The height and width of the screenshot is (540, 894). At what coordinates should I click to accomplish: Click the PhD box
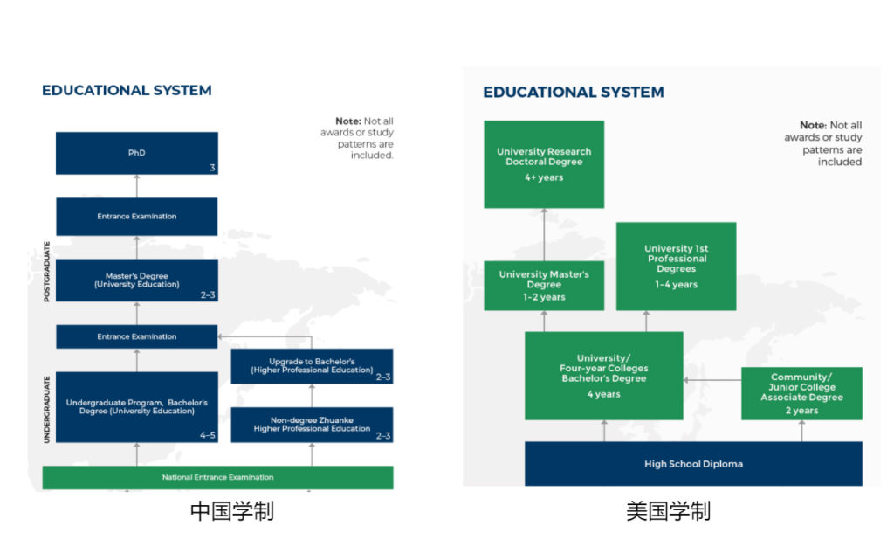(137, 153)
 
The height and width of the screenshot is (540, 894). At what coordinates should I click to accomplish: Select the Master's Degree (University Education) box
(137, 280)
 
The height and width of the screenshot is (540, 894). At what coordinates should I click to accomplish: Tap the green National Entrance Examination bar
(217, 477)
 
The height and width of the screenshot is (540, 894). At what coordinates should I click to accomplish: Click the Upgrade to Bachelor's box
(312, 366)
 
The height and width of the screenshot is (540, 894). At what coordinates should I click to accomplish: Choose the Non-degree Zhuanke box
(312, 425)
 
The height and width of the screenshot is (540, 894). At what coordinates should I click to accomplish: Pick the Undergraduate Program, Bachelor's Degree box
(137, 407)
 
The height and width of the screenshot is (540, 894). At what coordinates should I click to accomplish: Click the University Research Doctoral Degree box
(544, 164)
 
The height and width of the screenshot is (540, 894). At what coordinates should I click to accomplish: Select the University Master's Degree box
(544, 286)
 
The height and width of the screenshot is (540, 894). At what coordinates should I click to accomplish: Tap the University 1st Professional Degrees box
(677, 266)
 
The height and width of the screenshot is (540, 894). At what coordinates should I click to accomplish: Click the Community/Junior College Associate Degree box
(801, 393)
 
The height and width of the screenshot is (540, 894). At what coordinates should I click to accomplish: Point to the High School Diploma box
(693, 463)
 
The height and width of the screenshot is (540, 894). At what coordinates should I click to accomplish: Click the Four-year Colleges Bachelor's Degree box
(604, 376)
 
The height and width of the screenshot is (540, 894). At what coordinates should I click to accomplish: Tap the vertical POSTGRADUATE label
(47, 271)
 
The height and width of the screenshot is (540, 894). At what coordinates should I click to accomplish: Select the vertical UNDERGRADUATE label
(47, 409)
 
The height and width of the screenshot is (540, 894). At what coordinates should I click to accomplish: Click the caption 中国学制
(232, 511)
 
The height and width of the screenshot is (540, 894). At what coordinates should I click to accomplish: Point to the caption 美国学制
(668, 511)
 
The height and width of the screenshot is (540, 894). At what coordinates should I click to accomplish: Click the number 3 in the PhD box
(212, 168)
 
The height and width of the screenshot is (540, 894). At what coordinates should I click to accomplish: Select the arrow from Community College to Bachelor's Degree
(712, 379)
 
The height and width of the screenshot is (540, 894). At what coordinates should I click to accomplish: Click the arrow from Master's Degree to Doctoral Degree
(544, 234)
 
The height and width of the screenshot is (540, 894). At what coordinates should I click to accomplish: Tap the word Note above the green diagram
(813, 125)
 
